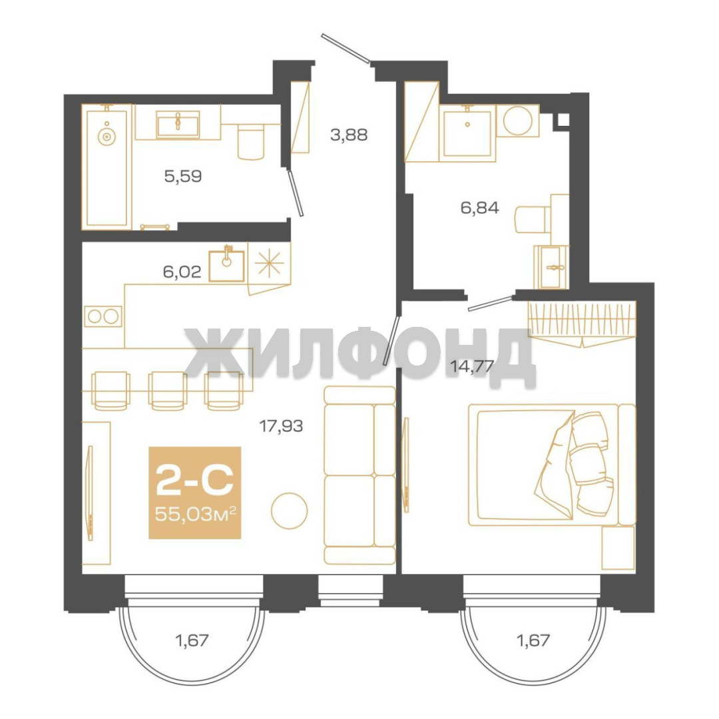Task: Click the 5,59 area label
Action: tap(183, 176)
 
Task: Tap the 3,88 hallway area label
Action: tap(349, 135)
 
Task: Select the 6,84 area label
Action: tap(479, 208)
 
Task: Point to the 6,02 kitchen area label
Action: tap(182, 272)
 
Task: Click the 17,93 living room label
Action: tap(281, 427)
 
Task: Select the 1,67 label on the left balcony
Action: tap(192, 640)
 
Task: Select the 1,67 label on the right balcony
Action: tap(533, 640)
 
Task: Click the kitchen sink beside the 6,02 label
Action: tap(226, 266)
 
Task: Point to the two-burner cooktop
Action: tap(103, 316)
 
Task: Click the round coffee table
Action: tap(290, 511)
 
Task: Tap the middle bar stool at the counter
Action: tap(168, 391)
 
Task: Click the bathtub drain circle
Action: tap(107, 136)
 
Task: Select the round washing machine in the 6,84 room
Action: tap(518, 120)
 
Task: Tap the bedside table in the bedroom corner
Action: tap(618, 548)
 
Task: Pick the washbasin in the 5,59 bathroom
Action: tap(178, 124)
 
